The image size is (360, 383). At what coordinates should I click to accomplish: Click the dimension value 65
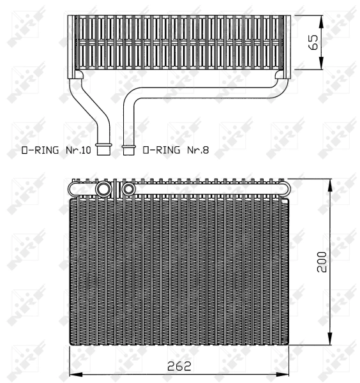313,42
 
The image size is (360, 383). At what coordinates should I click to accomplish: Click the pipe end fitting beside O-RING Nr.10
101,150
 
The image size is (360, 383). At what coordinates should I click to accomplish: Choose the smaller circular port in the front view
128,189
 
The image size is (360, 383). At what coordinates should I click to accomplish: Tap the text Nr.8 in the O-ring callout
199,151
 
